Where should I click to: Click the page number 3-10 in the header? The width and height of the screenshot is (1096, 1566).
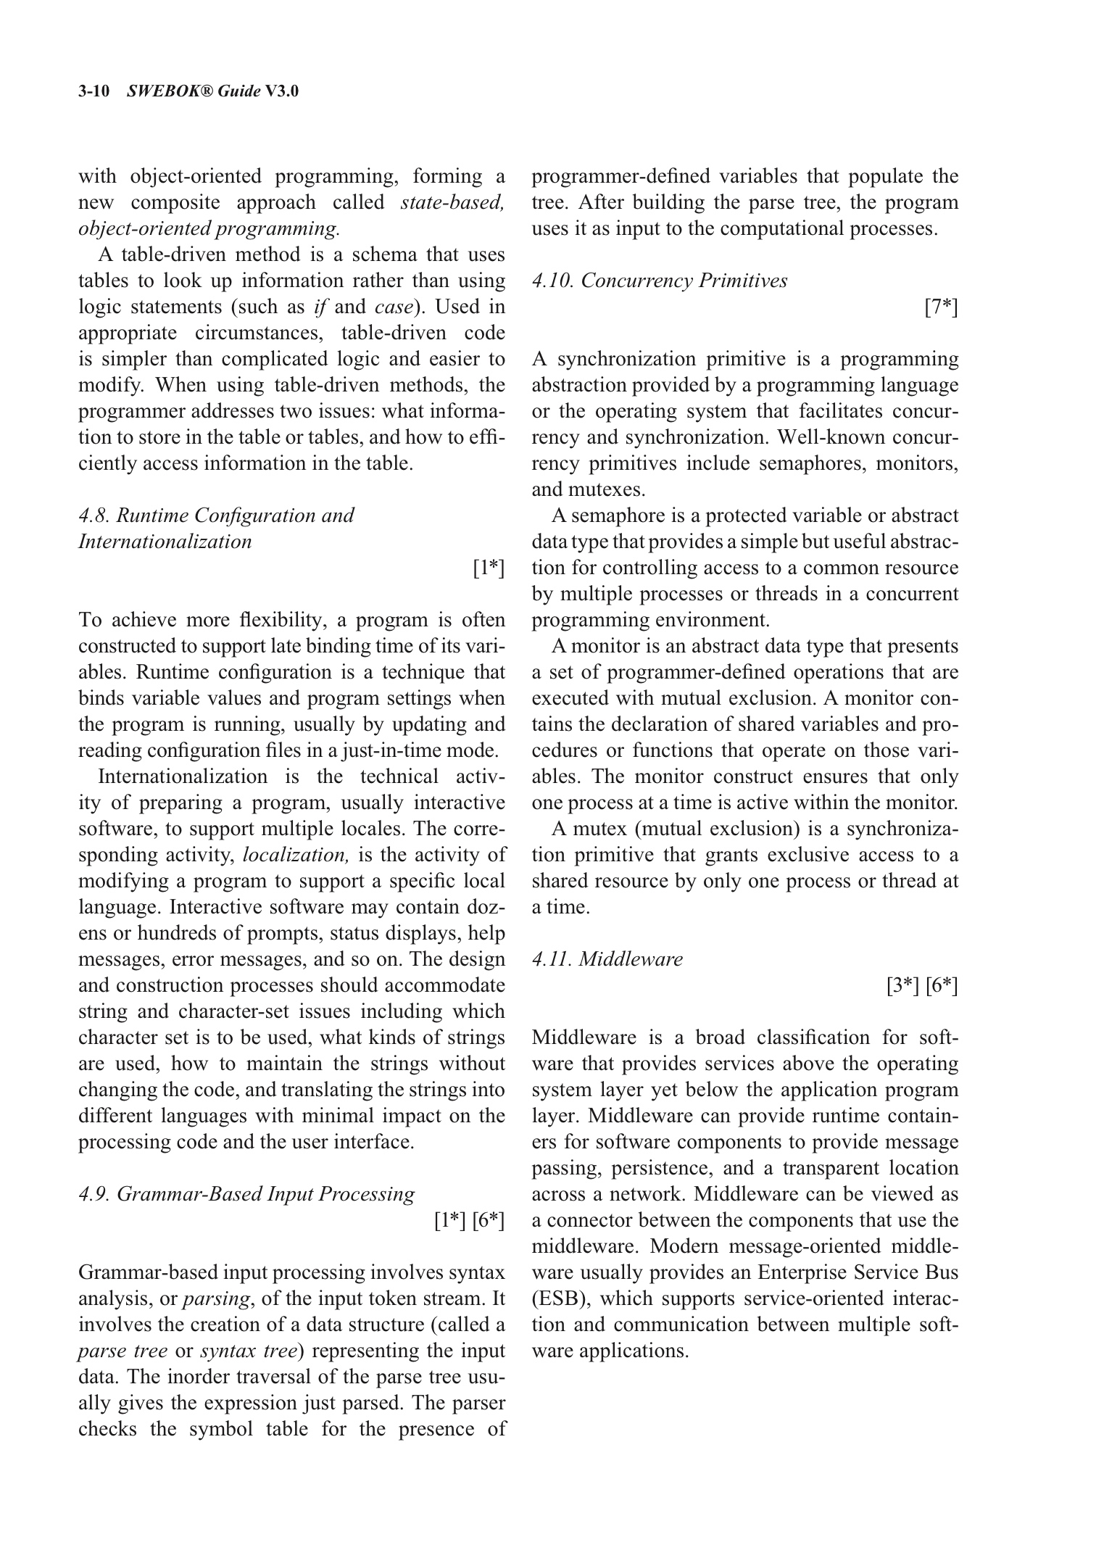click(93, 91)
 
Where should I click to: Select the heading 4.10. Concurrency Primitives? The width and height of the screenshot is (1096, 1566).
click(659, 281)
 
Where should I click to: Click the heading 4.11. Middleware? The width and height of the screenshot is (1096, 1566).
click(607, 959)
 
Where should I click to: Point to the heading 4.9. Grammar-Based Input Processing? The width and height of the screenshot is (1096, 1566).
click(246, 1194)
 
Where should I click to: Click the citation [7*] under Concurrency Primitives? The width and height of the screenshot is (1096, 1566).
click(941, 307)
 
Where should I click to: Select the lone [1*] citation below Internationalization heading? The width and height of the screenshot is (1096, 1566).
click(488, 568)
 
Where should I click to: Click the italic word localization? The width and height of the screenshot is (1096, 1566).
click(296, 855)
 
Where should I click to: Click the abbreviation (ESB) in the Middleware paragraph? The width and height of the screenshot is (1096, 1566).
click(558, 1298)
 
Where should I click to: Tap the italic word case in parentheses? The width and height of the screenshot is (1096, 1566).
click(394, 307)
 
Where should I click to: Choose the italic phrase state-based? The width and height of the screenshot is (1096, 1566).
click(452, 202)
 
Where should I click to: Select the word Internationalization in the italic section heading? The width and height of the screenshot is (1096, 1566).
click(165, 542)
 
